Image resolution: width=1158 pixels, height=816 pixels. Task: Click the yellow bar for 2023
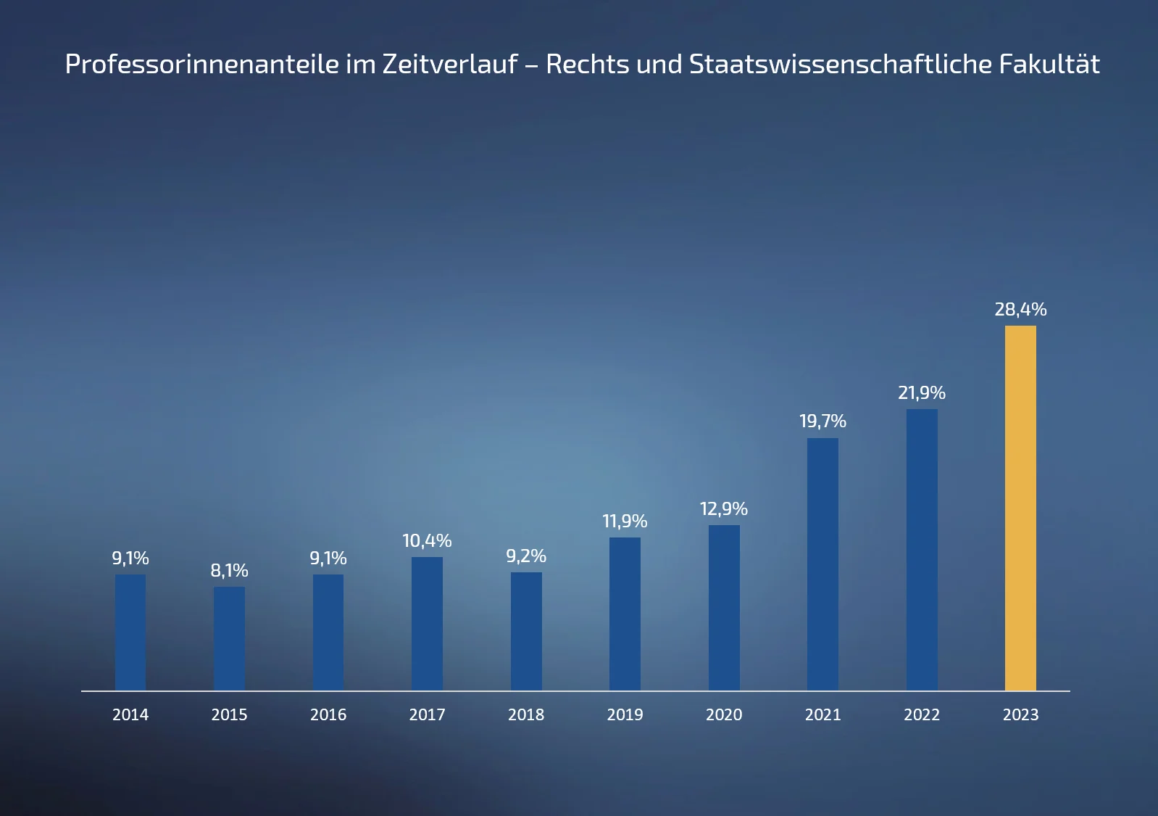(1020, 508)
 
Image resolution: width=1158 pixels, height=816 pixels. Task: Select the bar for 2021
(822, 564)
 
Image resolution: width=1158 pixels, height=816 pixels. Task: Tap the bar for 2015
(229, 638)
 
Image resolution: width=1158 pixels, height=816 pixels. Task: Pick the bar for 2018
(526, 631)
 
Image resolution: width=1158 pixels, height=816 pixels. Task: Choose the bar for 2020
(724, 608)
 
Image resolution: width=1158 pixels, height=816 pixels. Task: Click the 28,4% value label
(1020, 310)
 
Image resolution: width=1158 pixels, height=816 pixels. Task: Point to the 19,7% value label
(822, 421)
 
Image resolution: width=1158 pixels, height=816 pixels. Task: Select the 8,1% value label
(229, 571)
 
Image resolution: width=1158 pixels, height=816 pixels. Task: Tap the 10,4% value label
(427, 541)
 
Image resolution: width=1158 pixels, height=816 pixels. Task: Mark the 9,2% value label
(526, 556)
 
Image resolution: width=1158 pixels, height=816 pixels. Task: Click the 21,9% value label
(922, 393)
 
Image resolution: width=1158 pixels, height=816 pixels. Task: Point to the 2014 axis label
(130, 715)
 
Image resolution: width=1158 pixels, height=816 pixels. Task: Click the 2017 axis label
(427, 715)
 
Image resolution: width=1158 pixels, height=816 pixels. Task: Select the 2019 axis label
(625, 715)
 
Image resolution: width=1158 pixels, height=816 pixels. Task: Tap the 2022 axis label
(922, 715)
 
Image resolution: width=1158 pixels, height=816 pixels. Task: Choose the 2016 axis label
(328, 715)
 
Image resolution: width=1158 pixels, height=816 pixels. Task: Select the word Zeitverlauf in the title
(450, 65)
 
